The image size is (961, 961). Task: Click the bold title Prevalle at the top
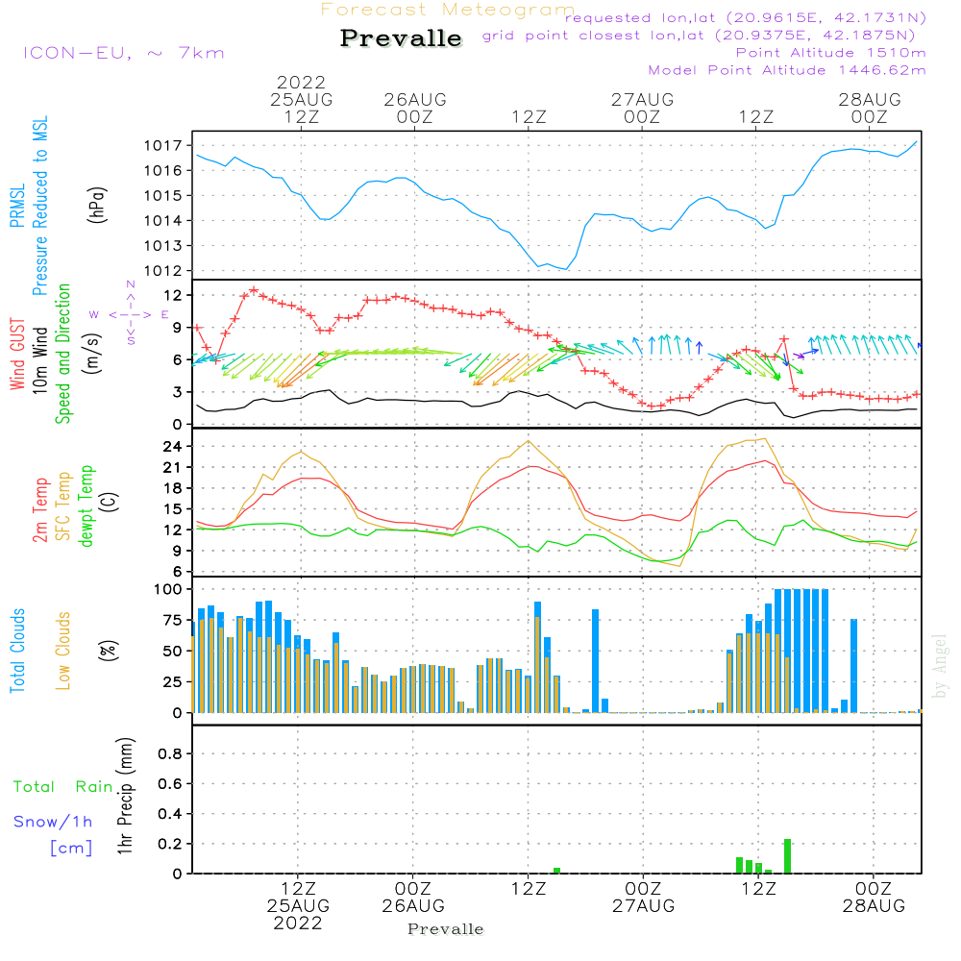tap(401, 38)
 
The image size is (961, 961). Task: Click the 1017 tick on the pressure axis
tap(163, 146)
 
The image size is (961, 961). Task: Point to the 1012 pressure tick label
tap(163, 271)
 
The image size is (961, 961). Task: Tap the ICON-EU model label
tap(124, 53)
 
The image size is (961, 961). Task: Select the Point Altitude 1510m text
tap(830, 53)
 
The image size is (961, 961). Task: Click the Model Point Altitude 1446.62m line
tap(787, 70)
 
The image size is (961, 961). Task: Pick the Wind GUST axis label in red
tap(17, 354)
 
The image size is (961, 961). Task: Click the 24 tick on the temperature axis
tap(173, 447)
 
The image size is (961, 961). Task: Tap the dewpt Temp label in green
tap(86, 505)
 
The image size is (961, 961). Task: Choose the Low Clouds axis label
tap(62, 651)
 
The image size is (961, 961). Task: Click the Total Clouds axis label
tap(17, 651)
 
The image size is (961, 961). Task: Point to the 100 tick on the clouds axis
tap(168, 590)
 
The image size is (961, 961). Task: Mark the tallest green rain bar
tap(788, 856)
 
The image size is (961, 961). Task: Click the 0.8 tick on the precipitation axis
tap(170, 753)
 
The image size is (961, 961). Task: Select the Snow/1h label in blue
tap(53, 822)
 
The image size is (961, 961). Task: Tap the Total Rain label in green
tap(63, 787)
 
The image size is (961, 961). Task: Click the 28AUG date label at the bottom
tap(874, 906)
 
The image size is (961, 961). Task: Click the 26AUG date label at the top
tap(415, 99)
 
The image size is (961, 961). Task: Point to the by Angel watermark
tap(940, 666)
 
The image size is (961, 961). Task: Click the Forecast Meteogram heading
tap(448, 10)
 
